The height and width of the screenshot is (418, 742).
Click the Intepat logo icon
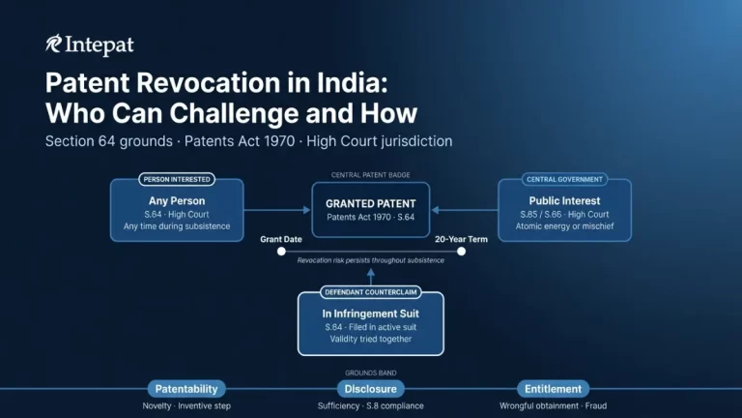(54, 45)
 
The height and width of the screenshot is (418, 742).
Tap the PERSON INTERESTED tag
(177, 179)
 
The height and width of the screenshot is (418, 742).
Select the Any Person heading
(177, 201)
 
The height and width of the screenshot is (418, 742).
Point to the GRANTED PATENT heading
(370, 204)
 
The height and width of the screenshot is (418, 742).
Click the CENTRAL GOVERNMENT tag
(564, 179)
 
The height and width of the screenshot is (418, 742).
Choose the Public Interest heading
(564, 201)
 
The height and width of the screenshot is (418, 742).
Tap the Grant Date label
(281, 238)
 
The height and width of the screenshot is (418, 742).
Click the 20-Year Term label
(462, 238)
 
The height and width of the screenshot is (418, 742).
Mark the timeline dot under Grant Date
(281, 251)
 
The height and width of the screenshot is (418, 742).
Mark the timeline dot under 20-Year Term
(462, 251)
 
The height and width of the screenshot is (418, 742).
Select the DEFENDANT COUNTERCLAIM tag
(370, 292)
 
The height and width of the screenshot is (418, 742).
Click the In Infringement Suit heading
(370, 313)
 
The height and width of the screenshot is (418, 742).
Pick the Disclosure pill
(370, 388)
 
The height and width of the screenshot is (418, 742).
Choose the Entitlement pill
(553, 388)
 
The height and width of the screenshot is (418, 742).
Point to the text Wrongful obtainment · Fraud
(553, 406)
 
